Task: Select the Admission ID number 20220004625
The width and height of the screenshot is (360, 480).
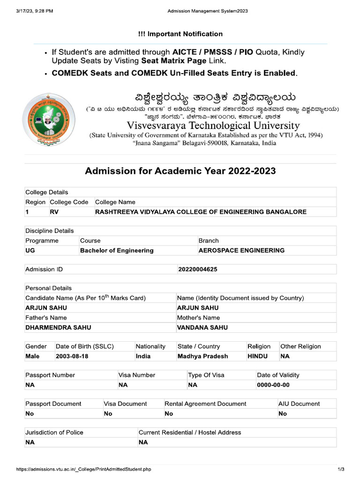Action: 197,270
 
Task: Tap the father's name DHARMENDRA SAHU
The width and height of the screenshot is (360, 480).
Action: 58,328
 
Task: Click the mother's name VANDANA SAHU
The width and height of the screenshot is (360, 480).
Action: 202,328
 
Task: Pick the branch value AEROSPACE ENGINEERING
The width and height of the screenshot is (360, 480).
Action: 241,250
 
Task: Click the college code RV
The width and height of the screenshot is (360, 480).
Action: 54,212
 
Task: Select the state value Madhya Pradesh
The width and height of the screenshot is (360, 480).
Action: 202,356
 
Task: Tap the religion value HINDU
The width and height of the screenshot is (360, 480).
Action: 257,356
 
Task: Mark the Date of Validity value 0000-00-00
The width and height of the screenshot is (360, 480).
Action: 273,385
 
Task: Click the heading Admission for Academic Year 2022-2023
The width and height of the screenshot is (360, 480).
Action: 180,171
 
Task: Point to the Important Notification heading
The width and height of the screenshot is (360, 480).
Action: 180,34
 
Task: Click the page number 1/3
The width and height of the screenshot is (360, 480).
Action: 341,469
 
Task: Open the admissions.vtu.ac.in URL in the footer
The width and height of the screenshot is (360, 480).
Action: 83,469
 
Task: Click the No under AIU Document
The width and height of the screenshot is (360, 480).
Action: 283,414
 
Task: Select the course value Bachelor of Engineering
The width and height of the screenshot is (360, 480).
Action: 117,250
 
